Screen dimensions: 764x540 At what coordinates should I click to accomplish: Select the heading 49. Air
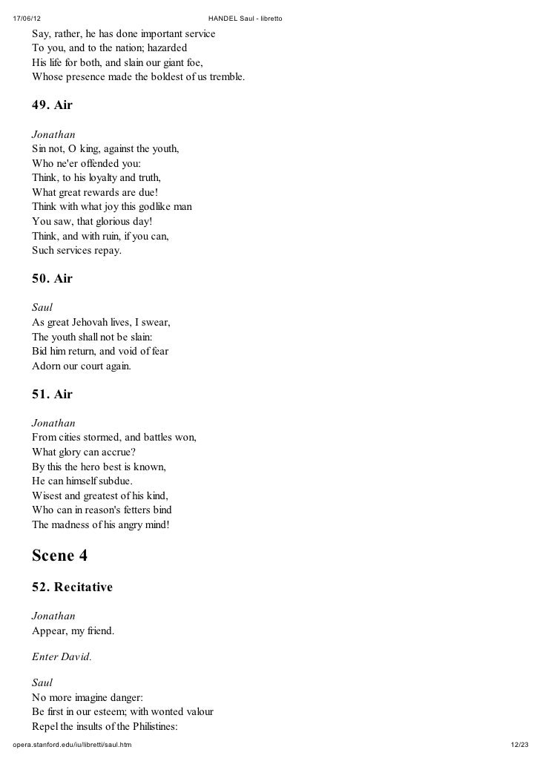(52, 105)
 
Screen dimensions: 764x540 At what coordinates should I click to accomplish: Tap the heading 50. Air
(52, 279)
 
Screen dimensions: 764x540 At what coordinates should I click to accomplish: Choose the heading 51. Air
(52, 395)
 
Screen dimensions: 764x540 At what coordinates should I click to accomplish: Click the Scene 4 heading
(64, 556)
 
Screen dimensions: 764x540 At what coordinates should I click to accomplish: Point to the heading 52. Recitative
(72, 587)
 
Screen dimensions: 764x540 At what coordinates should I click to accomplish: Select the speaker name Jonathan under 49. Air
(53, 134)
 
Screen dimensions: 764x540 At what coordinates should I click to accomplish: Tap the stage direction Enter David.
(62, 656)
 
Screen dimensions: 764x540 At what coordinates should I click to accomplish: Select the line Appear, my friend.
(73, 631)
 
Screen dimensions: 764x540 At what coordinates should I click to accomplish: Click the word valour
(195, 712)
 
